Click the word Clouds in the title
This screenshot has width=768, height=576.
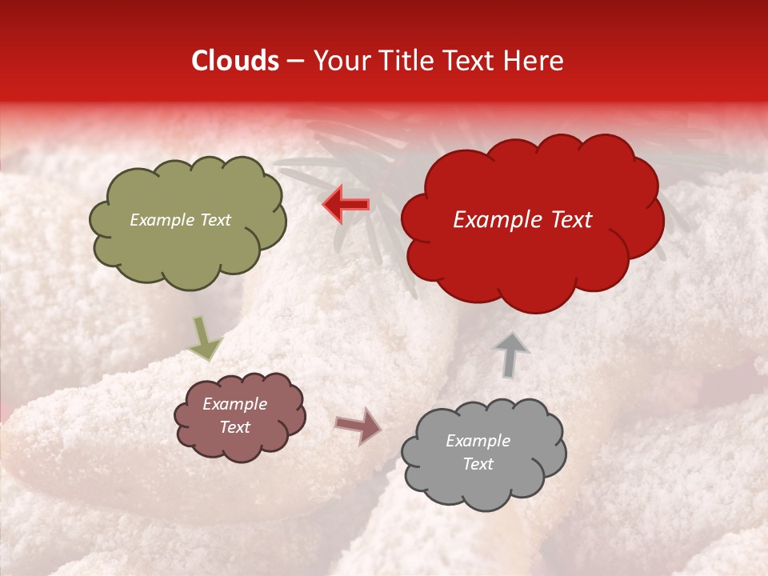[x=235, y=61]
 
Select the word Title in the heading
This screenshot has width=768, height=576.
[x=404, y=61]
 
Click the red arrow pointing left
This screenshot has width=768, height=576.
[x=346, y=205]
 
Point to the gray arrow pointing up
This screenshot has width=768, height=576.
[x=510, y=354]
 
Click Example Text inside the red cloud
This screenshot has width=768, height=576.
[x=522, y=220]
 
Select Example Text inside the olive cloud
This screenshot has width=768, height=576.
[x=180, y=220]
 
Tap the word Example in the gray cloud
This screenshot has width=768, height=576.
[x=478, y=441]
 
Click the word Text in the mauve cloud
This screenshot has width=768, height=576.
[x=234, y=427]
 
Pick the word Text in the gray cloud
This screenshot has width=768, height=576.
[x=478, y=464]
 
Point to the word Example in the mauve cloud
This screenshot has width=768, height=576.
[x=234, y=404]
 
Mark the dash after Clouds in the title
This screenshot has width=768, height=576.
[x=295, y=62]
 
